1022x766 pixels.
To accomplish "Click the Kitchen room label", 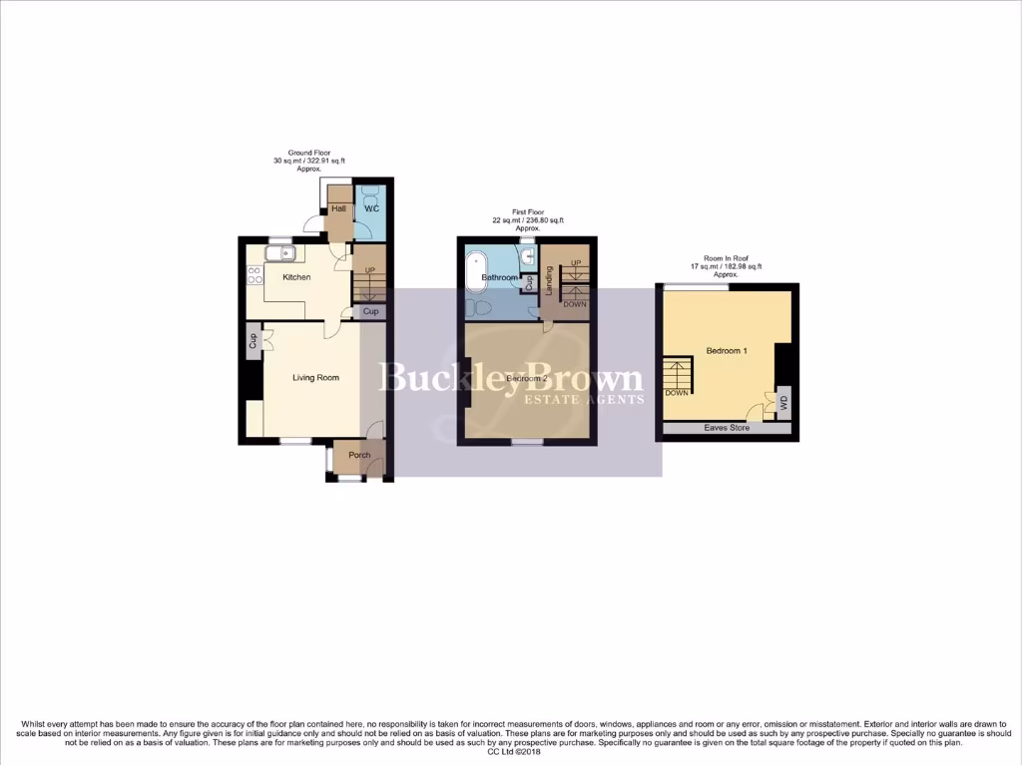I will [296, 277].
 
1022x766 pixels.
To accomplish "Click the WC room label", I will [371, 208].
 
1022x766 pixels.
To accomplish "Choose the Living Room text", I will [315, 378].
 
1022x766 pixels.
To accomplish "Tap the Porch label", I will [359, 456].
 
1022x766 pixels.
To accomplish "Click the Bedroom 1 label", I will [727, 351].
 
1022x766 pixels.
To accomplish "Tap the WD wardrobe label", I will [783, 405].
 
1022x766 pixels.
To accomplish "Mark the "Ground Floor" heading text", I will [309, 153].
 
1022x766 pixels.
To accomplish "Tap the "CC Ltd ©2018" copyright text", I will [510, 752].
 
